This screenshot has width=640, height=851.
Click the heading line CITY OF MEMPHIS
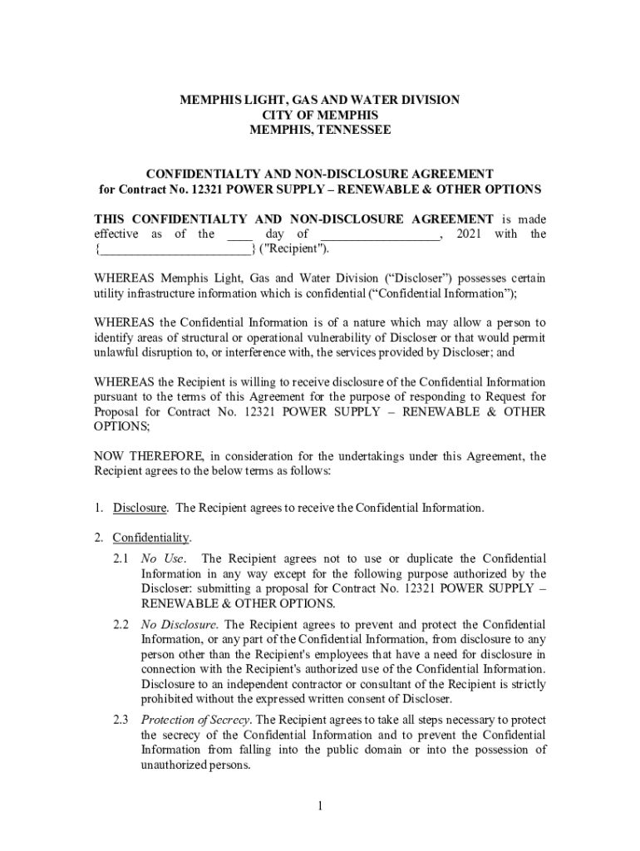(x=320, y=115)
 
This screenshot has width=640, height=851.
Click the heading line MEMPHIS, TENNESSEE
(x=320, y=130)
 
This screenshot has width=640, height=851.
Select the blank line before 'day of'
(x=239, y=234)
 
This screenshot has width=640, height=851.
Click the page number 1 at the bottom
(x=320, y=806)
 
